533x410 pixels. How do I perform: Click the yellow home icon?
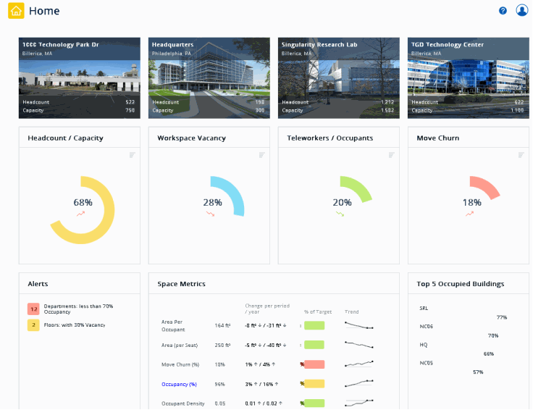[x=16, y=12]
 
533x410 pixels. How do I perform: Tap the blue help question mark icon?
[x=503, y=11]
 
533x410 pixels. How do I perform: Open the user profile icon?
[x=521, y=11]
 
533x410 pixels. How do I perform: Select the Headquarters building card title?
[x=172, y=45]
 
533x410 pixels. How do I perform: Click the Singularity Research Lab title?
[x=319, y=45]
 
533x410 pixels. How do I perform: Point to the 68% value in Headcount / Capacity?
[x=83, y=203]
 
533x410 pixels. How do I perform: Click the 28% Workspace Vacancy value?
[x=212, y=203]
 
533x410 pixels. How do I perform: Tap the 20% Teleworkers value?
[x=342, y=203]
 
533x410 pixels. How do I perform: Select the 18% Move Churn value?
[x=471, y=203]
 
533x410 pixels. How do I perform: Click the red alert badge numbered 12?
[x=33, y=309]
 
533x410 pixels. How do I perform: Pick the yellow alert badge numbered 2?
[x=33, y=325]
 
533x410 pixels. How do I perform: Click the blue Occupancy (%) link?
[x=180, y=383]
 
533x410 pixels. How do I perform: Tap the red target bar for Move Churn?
[x=314, y=364]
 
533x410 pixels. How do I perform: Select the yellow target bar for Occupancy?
[x=314, y=383]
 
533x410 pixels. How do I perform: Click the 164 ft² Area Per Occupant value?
[x=222, y=326]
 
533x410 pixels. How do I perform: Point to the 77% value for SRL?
[x=501, y=317]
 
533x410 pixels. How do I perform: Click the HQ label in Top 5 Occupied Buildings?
[x=424, y=345]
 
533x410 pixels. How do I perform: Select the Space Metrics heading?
[x=182, y=284]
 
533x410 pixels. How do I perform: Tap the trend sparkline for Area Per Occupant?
[x=359, y=325]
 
